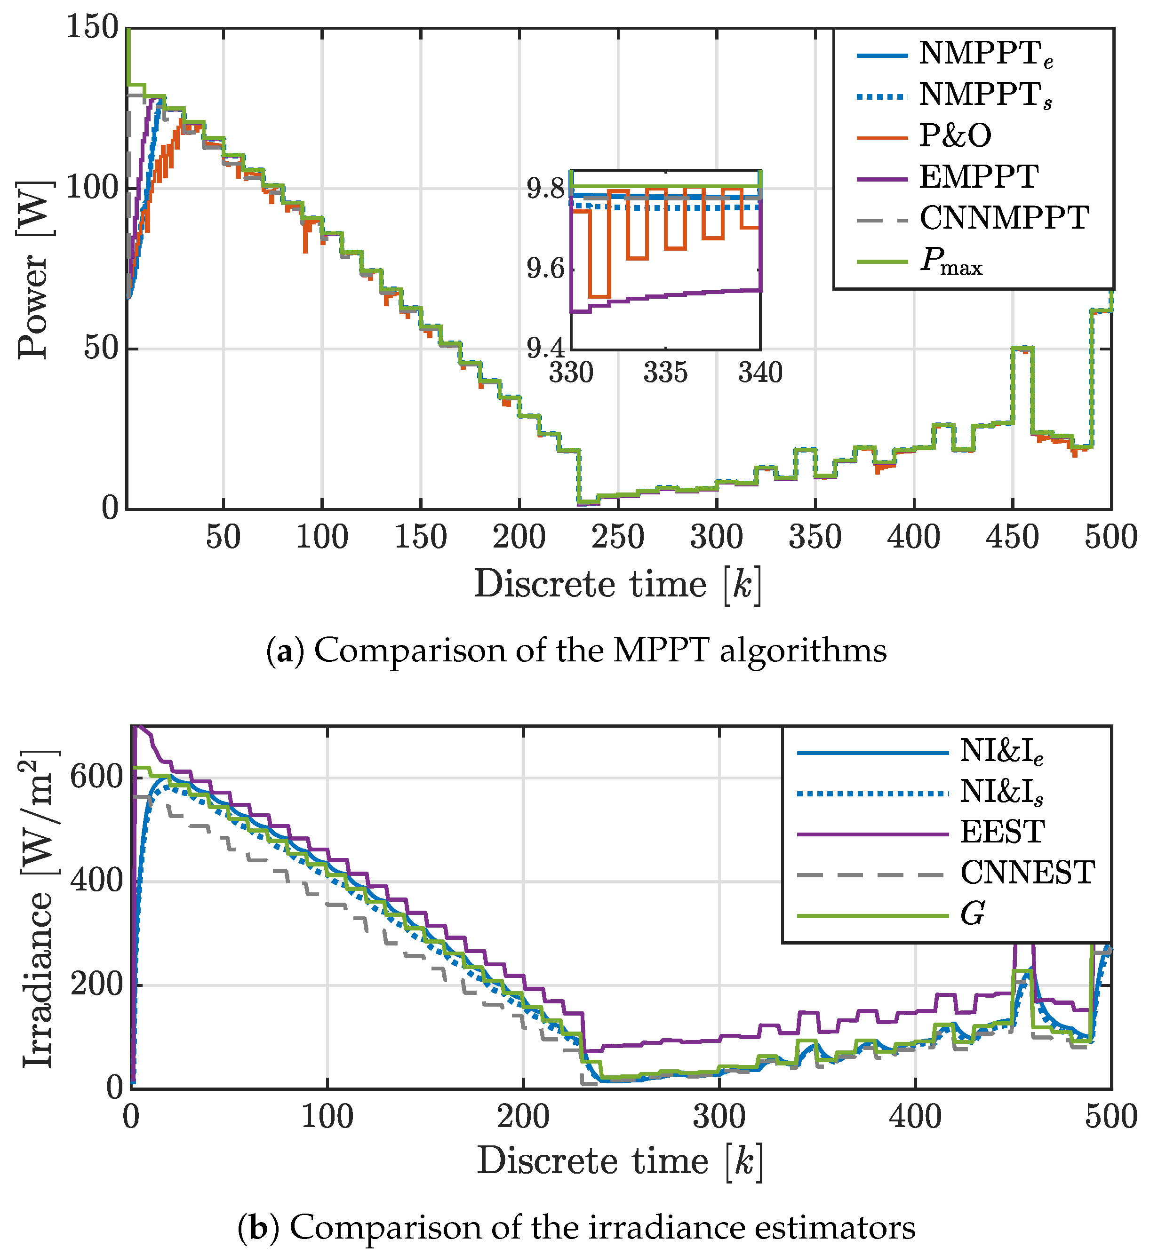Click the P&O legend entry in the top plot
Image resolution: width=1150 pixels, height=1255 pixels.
955,136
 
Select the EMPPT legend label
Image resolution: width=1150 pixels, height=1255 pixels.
979,177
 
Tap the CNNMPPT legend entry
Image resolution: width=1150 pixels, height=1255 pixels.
1004,219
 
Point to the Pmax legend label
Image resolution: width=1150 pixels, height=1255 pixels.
951,262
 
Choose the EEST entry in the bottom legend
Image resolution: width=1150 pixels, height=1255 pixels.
1002,832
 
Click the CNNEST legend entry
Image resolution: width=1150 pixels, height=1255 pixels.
1027,873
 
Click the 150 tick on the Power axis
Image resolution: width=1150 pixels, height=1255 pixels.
92,28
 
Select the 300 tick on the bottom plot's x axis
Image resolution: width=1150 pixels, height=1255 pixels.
719,1118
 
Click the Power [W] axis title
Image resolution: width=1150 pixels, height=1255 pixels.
34,269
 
